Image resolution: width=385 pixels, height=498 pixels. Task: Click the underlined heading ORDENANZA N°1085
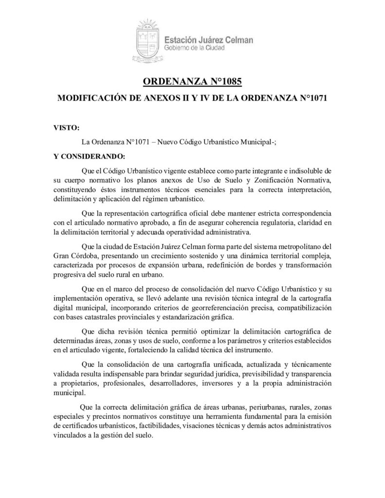(193, 81)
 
